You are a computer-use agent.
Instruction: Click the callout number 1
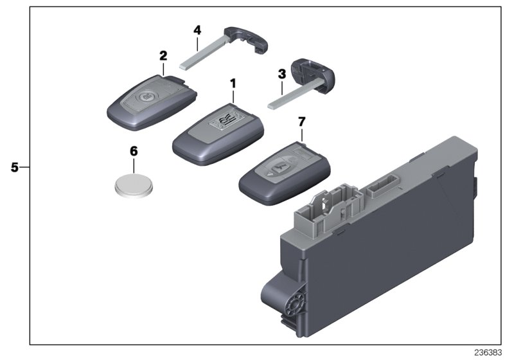(233, 83)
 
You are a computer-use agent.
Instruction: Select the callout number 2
(163, 55)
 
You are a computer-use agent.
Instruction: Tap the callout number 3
(281, 74)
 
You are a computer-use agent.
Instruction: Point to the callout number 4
(197, 30)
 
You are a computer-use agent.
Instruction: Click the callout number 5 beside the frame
(15, 167)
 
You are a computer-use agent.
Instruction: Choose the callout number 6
(134, 152)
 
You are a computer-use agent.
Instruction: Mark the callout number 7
(301, 122)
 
